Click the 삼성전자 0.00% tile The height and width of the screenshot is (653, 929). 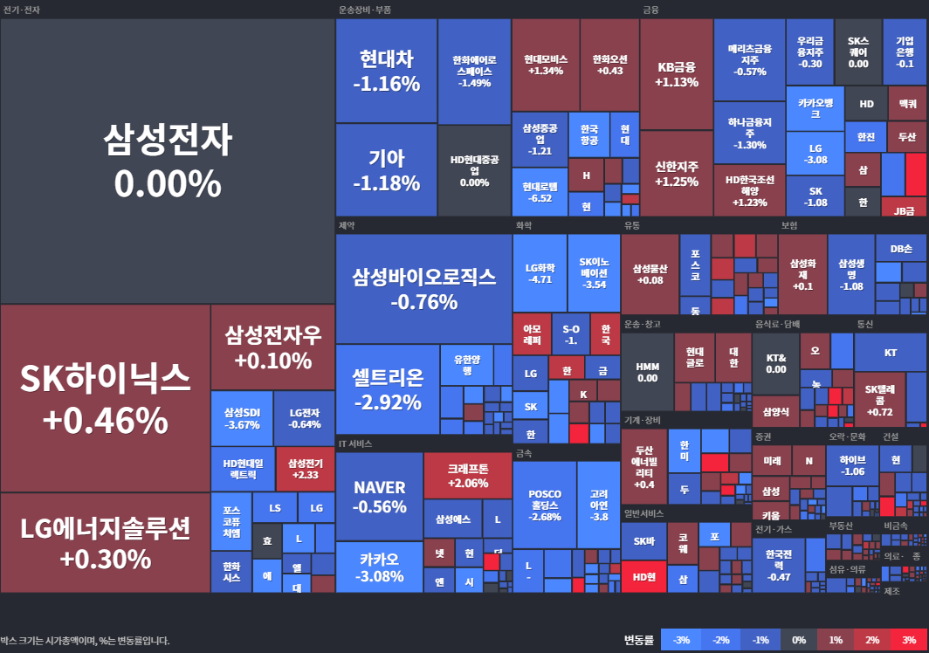coord(168,161)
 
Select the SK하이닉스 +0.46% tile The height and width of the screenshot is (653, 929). coord(105,398)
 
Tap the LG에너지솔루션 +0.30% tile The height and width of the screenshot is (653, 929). coord(105,542)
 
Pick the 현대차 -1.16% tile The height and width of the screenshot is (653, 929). coord(386,71)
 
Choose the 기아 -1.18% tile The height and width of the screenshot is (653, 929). coord(386,170)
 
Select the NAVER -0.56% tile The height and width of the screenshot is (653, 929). coord(379,496)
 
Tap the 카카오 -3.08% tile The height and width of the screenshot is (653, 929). coord(379,567)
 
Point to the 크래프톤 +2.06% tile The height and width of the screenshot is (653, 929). coord(467,475)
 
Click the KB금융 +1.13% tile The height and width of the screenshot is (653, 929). coord(677,74)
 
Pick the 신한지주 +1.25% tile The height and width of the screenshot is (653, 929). coord(677,174)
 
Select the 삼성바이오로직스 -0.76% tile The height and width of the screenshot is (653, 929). coord(423,289)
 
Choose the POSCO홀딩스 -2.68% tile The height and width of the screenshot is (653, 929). coord(545,505)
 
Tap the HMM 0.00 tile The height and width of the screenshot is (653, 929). coord(647,372)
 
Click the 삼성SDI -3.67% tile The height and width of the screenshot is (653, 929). coord(242,418)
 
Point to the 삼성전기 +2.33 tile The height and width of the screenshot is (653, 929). coord(305,469)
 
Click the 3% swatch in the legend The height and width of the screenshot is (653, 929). coord(909,640)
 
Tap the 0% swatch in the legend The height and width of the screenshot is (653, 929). coord(798,640)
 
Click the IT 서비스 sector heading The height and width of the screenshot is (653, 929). coord(355,443)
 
